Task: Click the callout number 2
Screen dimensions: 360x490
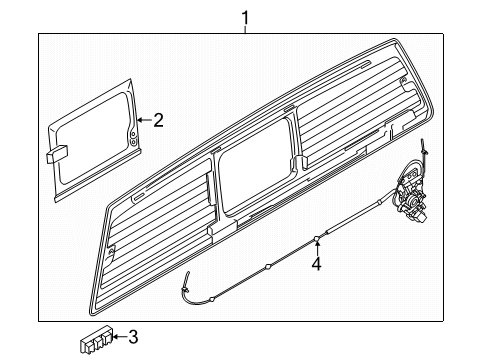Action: click(157, 120)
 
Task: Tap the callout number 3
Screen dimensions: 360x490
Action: click(134, 336)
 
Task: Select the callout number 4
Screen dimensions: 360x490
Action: click(316, 265)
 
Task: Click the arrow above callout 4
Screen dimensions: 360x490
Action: click(316, 246)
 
